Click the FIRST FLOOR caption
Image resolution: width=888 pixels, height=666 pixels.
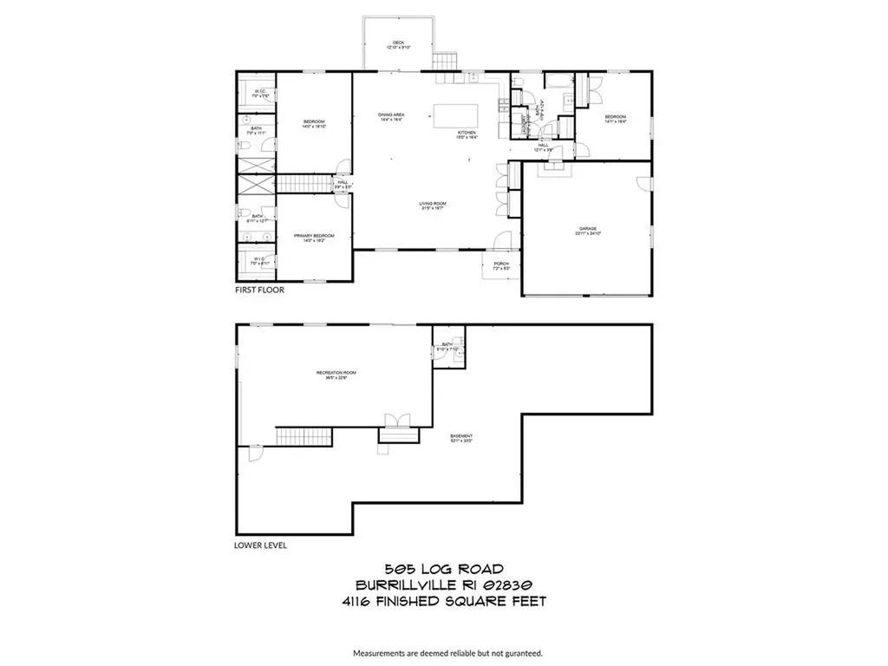pyautogui.click(x=259, y=291)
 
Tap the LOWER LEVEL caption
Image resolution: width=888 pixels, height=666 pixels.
pyautogui.click(x=260, y=546)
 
